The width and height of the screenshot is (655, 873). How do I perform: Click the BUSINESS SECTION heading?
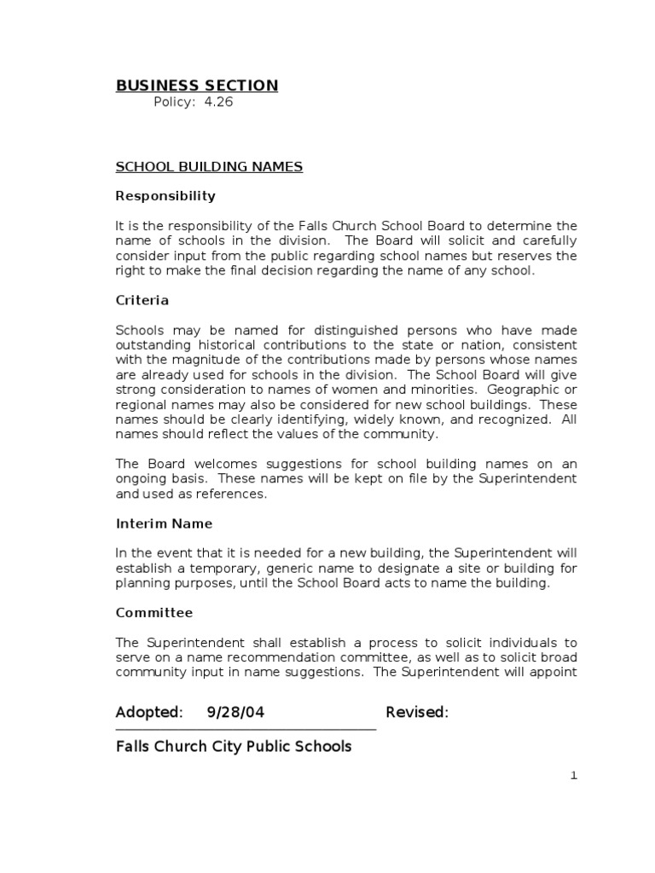coord(196,85)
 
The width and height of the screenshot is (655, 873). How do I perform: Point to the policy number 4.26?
coord(217,102)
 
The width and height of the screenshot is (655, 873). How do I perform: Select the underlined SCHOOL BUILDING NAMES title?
coord(209,167)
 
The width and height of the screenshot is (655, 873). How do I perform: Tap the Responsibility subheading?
coord(165,196)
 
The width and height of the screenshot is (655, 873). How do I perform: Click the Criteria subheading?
coord(142,301)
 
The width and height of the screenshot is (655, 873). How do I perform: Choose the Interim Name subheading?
coord(164,523)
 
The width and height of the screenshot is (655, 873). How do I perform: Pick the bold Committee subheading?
coord(154,613)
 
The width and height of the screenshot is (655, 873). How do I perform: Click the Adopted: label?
coord(149,713)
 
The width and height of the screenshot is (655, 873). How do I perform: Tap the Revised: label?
coord(417,713)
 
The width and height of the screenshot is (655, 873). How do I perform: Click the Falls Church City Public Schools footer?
coord(234,747)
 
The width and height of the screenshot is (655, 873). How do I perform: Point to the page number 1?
coord(574,775)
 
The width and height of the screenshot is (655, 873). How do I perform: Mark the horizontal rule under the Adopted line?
coord(246,730)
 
